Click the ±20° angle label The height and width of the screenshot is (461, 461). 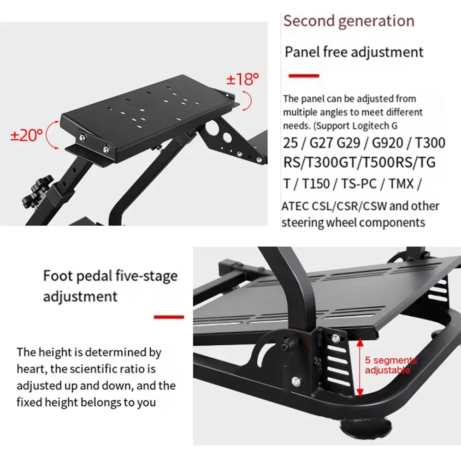(27, 135)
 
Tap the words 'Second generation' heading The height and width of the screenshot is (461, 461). (349, 21)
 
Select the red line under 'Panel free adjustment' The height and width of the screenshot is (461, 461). (303, 75)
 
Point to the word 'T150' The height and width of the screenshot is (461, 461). (316, 183)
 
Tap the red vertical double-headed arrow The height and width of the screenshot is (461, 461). (360, 366)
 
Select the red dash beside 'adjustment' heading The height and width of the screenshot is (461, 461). (168, 317)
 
